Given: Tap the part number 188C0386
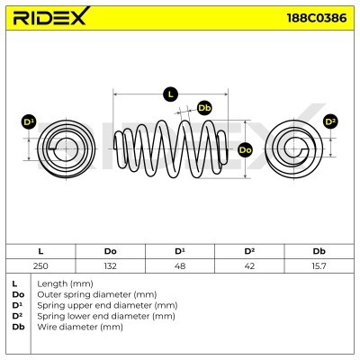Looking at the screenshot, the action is coord(317,18).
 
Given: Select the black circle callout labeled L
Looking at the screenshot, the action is coord(170,94).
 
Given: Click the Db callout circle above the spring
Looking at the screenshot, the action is coord(204,108).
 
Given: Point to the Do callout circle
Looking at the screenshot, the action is coord(245,149).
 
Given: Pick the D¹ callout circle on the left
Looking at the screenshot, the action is coord(29,122).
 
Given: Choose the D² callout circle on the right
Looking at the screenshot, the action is coord(330,121).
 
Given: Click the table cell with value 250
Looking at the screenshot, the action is coord(40,265).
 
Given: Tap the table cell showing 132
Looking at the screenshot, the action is coord(110,265).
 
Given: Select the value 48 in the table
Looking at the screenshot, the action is coord(180,265).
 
